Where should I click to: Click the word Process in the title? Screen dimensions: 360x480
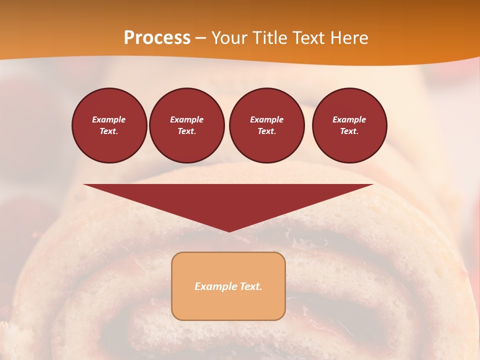point(157,38)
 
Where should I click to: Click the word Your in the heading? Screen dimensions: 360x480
point(228,38)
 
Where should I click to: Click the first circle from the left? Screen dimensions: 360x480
point(109,125)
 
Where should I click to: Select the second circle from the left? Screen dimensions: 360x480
point(186,125)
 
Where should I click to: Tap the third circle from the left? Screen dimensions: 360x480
point(266,125)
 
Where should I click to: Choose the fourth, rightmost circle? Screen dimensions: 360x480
point(349,125)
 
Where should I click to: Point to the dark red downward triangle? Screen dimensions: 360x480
point(228,200)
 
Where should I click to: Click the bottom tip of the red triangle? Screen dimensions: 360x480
point(228,230)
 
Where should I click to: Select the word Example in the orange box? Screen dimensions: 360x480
point(214,286)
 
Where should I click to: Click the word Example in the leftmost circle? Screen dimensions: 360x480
point(109,119)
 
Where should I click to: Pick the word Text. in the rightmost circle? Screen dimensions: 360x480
point(349,131)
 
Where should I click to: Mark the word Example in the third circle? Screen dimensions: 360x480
point(266,119)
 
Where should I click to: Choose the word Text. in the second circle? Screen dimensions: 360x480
point(186,131)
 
